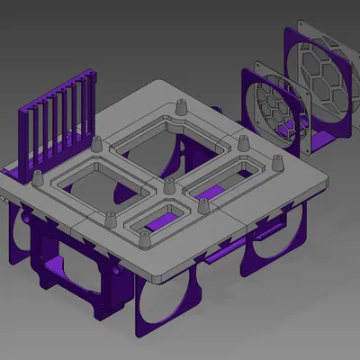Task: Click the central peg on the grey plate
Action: (167, 186)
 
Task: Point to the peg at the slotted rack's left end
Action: (39, 178)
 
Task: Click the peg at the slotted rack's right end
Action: (95, 143)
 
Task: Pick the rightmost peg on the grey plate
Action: (276, 163)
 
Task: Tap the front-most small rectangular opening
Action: (162, 220)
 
